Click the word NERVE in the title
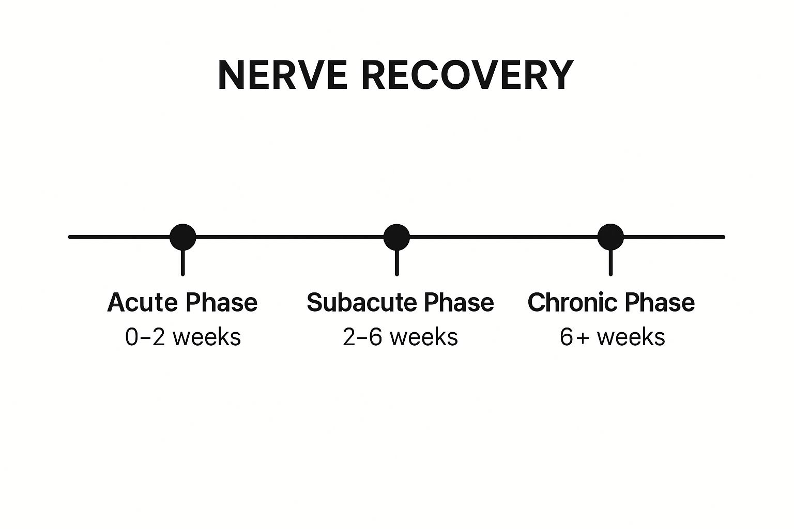pyautogui.click(x=282, y=75)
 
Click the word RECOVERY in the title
pyautogui.click(x=467, y=75)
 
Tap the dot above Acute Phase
pyautogui.click(x=183, y=237)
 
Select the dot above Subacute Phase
pyautogui.click(x=396, y=237)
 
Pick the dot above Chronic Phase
pyautogui.click(x=610, y=237)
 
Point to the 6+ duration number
pyautogui.click(x=574, y=337)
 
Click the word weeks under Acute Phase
pyautogui.click(x=207, y=337)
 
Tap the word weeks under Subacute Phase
pyautogui.click(x=424, y=337)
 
